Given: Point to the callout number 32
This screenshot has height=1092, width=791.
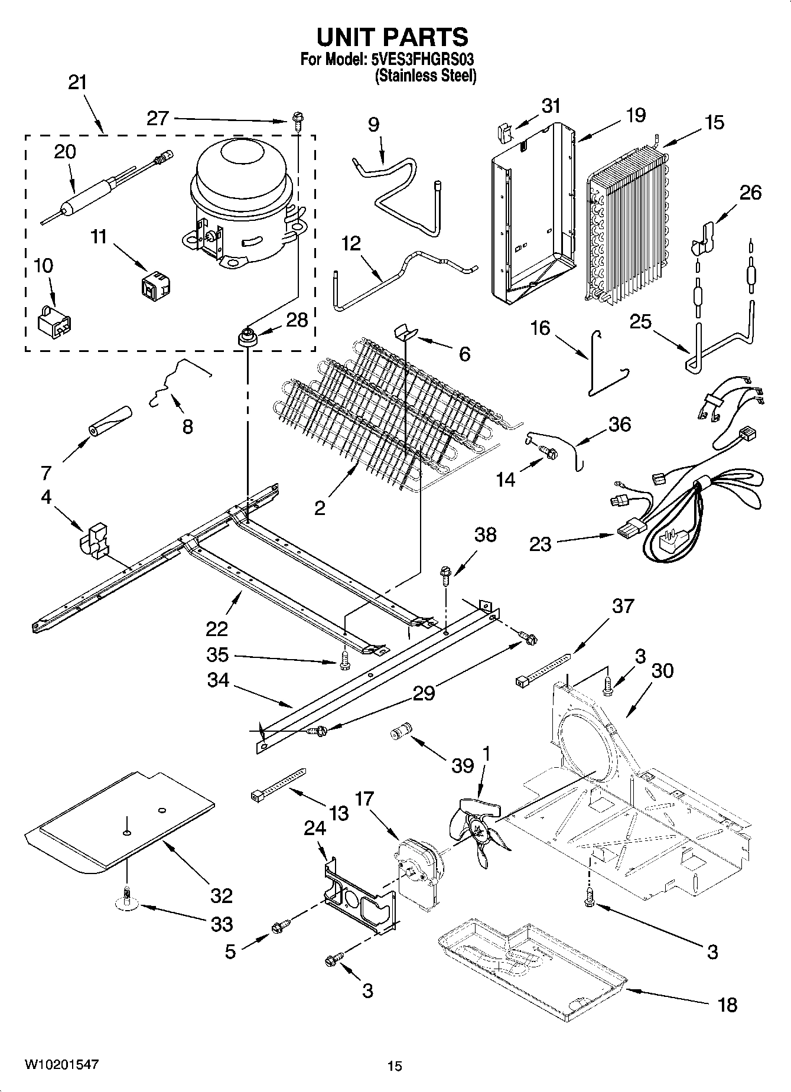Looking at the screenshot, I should [x=222, y=896].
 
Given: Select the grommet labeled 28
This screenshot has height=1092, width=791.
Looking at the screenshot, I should [x=247, y=340].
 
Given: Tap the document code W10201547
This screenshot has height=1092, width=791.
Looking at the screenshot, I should [x=61, y=1064].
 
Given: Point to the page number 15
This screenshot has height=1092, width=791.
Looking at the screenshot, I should [x=395, y=1066].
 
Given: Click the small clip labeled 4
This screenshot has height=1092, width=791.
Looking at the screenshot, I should [x=95, y=538].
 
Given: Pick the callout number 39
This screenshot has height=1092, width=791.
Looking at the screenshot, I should [x=463, y=765].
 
